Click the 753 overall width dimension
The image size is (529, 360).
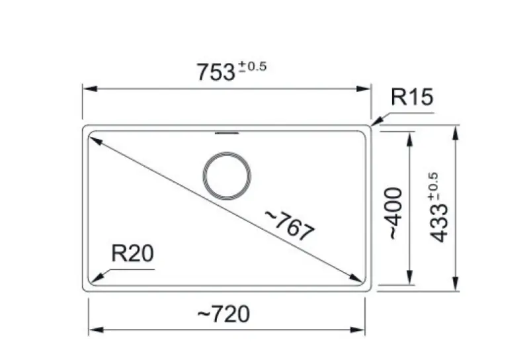216,71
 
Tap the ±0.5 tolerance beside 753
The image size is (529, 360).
252,66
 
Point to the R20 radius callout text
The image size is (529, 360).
132,253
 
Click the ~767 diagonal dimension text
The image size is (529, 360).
289,225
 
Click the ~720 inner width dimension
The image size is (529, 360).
224,316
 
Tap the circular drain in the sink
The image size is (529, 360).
227,177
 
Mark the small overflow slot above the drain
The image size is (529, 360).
227,133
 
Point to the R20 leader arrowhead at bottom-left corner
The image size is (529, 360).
93,279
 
